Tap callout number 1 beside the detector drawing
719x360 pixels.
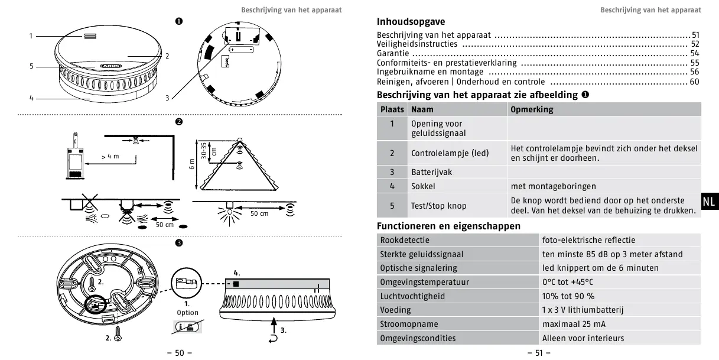coord(31,37)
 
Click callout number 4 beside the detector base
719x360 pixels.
coord(31,98)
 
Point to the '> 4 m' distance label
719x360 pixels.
coord(110,156)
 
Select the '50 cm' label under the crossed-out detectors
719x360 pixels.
coord(164,225)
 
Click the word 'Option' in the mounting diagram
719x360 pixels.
coord(188,313)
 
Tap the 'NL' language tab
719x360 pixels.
coord(709,201)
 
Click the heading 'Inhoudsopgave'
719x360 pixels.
coord(411,22)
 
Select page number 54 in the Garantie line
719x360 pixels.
coord(694,53)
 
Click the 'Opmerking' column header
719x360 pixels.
coord(532,109)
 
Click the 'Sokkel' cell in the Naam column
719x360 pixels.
coord(423,186)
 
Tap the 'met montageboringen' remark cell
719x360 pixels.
coord(553,186)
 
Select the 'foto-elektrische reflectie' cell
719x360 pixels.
coord(588,240)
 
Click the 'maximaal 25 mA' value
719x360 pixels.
coord(574,324)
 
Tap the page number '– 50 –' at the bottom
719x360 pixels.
coord(180,353)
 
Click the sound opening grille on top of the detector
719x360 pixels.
coord(89,37)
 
